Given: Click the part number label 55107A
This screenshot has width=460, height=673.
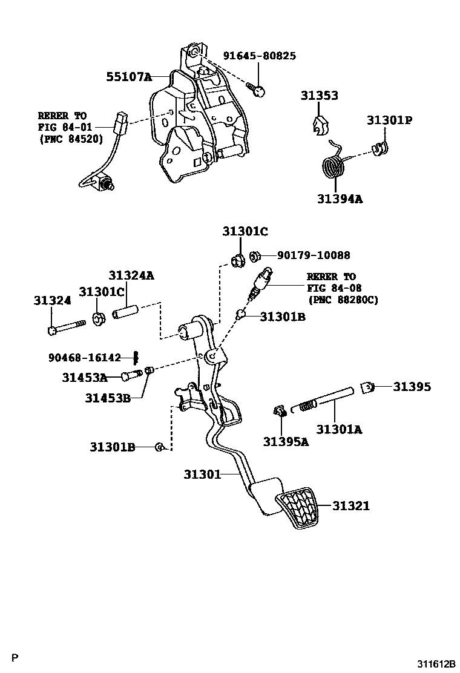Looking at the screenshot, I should pos(128,77).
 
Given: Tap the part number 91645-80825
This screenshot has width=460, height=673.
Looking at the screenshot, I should pos(259,56).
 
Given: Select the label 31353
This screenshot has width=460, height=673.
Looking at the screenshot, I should pos(319,96).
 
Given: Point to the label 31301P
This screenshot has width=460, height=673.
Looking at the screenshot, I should pos(389,120).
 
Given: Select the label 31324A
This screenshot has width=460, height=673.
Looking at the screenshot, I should pos(131,275).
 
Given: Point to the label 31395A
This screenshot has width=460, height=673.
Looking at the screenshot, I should pos(286,441).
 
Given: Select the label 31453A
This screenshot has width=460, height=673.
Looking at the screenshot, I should pos(84,378).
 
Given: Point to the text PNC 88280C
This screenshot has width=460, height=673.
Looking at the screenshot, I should pos(343,299).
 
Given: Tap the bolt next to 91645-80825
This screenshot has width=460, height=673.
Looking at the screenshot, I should pos(258,90).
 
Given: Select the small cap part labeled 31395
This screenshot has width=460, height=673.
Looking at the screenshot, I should pos(367,387).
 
